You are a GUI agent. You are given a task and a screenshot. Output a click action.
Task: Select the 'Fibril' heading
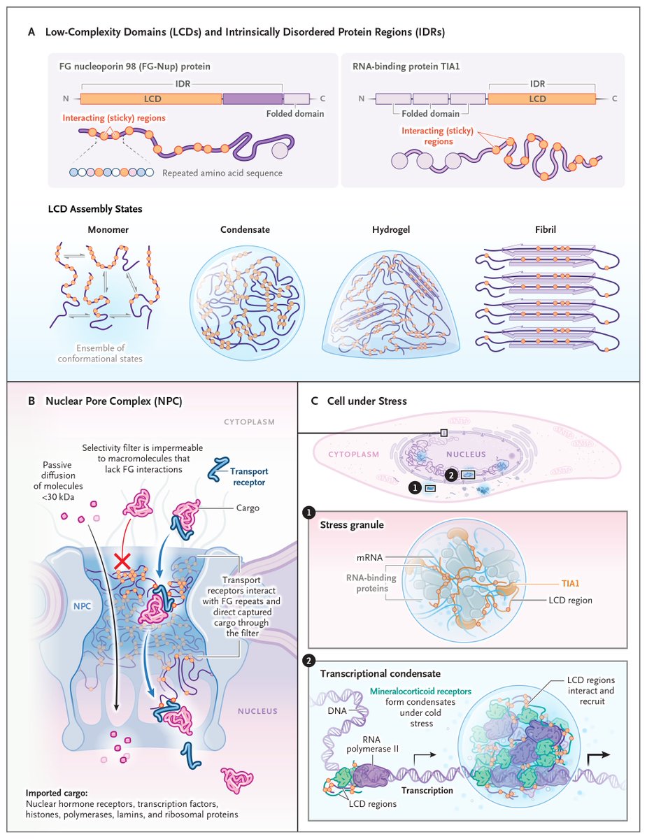click(x=536, y=229)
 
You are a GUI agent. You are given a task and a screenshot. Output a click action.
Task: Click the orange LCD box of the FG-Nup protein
click(x=151, y=99)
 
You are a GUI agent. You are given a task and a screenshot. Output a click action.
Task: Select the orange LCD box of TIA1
click(x=537, y=99)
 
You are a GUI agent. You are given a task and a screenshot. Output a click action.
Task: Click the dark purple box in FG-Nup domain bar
click(x=253, y=99)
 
